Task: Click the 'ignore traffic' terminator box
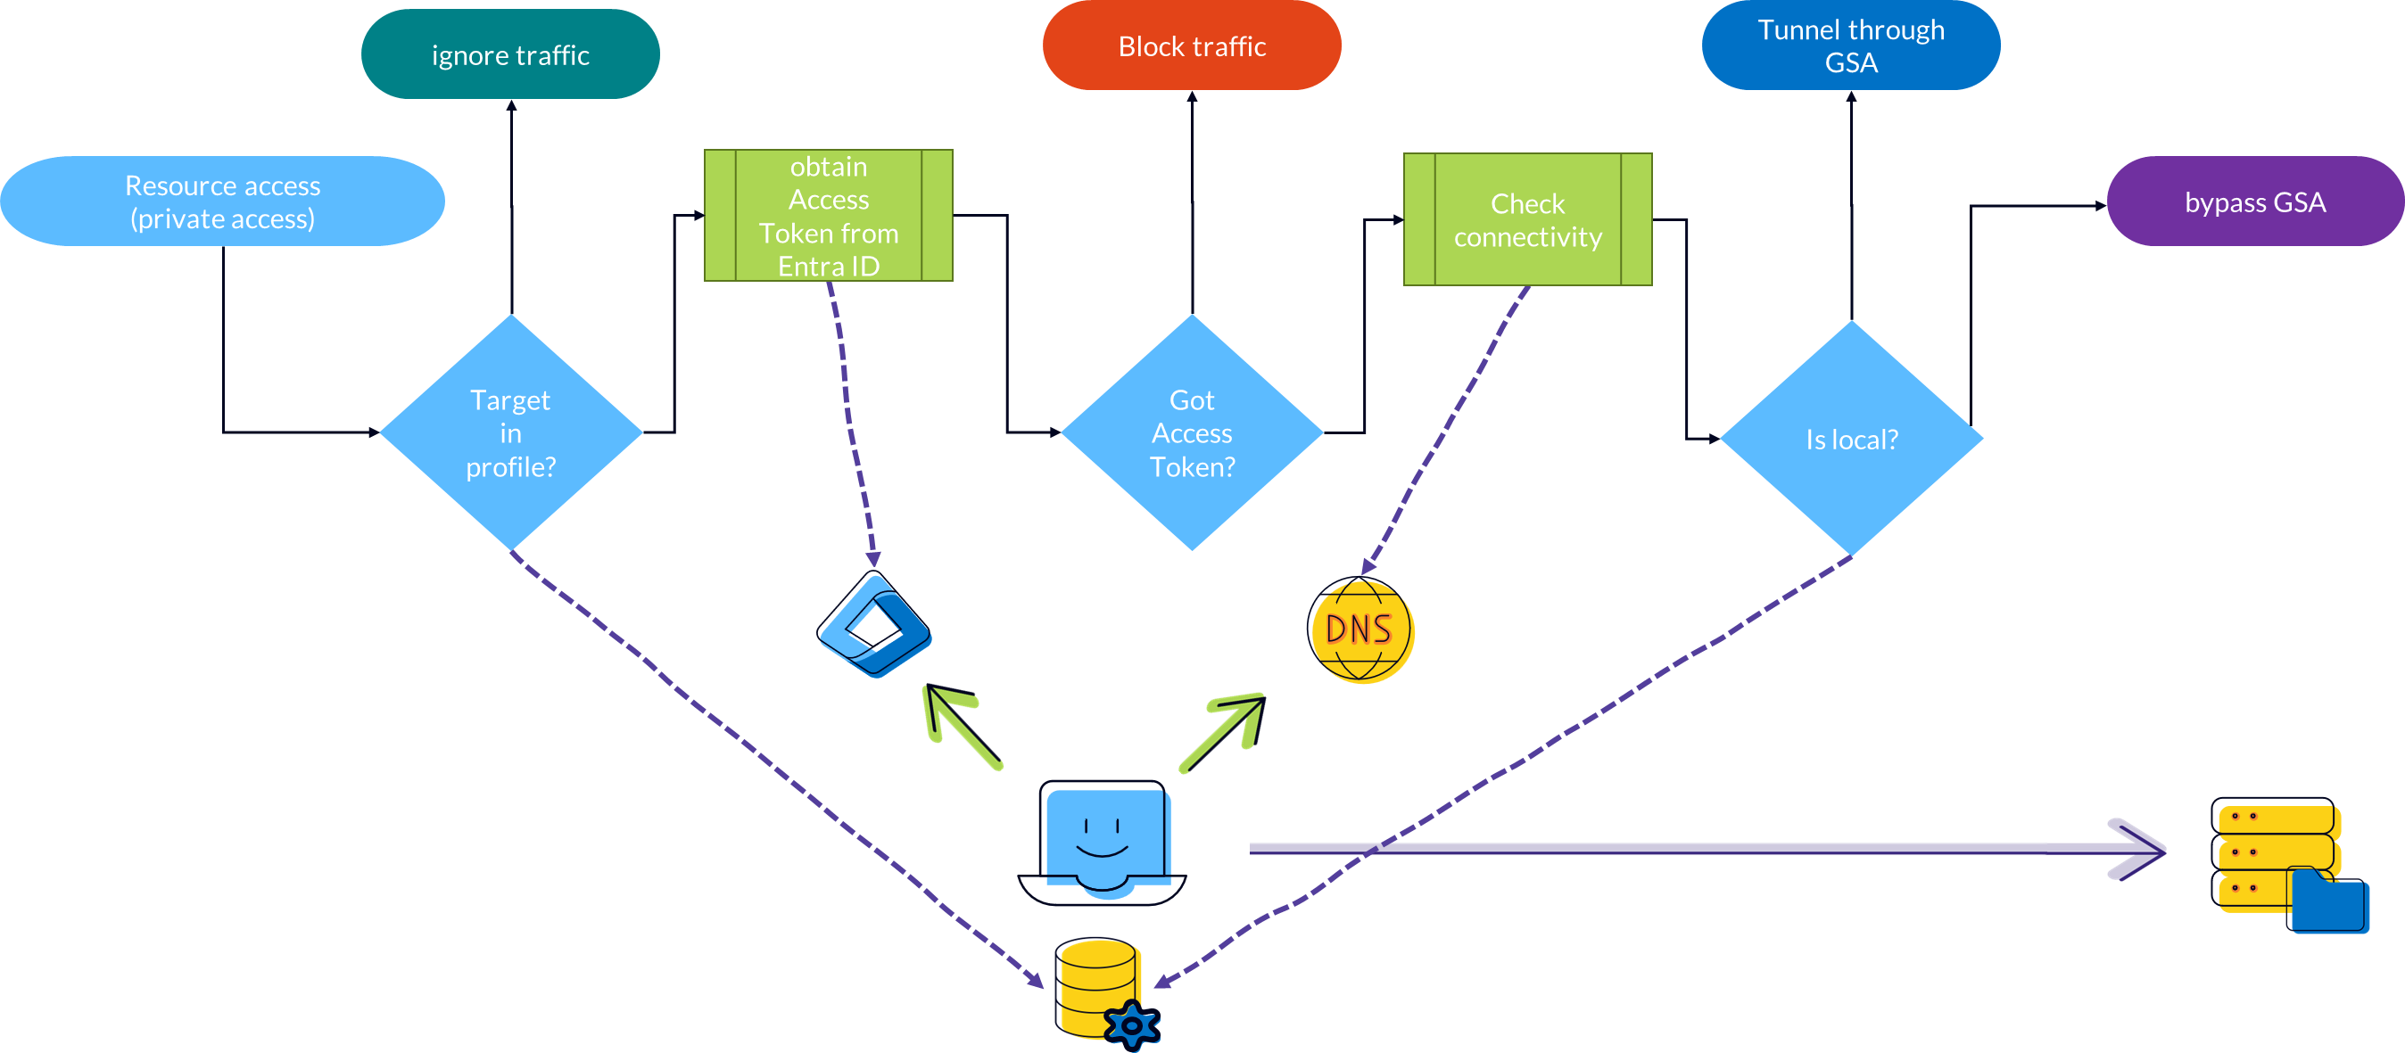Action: [509, 54]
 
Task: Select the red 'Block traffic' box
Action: [1191, 45]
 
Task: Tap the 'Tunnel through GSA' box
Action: [1850, 45]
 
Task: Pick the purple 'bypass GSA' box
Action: [2253, 202]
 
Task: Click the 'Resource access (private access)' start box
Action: [222, 202]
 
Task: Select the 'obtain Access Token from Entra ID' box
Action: [828, 216]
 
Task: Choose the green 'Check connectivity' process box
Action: [1527, 219]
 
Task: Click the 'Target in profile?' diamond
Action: [509, 432]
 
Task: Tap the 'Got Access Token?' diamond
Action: [1191, 432]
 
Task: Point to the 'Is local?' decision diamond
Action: [1850, 439]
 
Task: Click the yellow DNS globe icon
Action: [1361, 632]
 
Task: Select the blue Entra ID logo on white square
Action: [873, 624]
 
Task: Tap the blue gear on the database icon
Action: [1131, 1026]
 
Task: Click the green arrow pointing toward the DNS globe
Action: [1225, 732]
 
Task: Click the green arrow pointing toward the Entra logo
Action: [960, 727]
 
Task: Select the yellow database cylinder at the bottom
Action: [1096, 984]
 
